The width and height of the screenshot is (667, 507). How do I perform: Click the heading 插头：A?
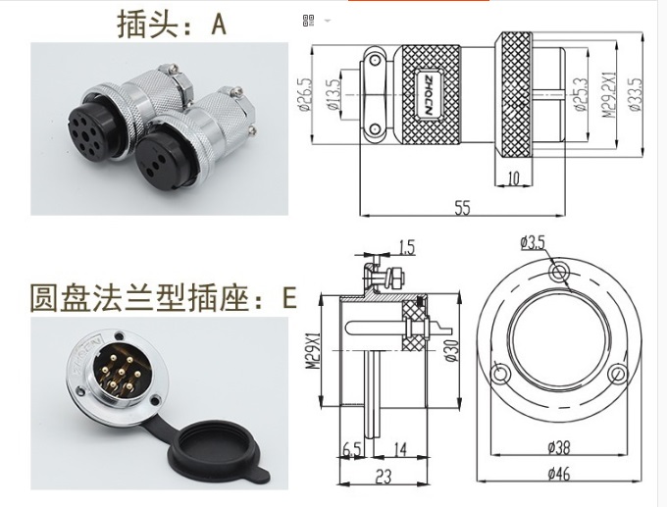click(x=171, y=24)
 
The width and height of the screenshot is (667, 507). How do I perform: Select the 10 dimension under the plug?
click(x=515, y=177)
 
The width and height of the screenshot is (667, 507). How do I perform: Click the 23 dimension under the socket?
click(x=384, y=477)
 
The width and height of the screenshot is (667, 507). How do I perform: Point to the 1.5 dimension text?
click(x=407, y=245)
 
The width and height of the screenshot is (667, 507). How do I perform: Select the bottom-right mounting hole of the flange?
click(x=618, y=374)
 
